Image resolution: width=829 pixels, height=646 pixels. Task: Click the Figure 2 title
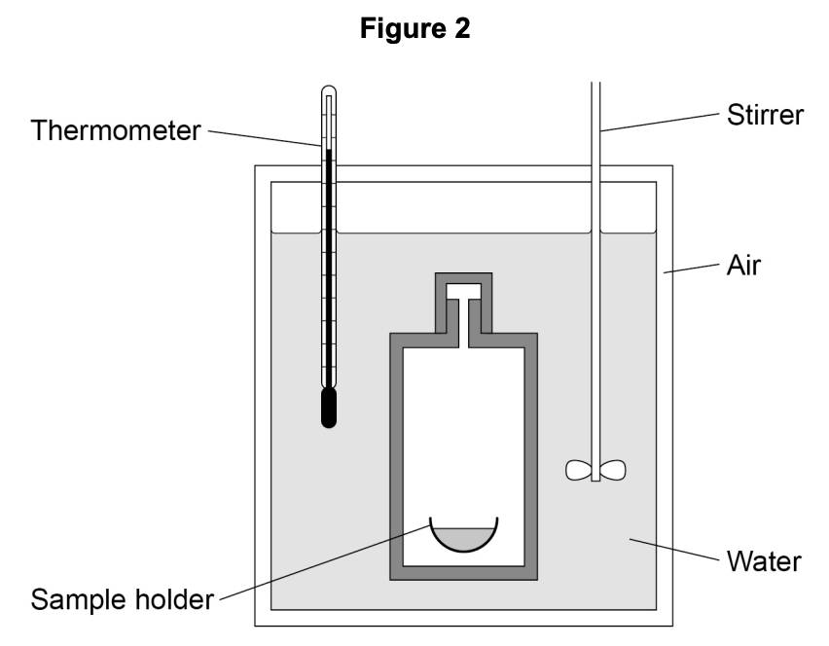pos(414,30)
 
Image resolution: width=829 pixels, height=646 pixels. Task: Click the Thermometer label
pos(115,131)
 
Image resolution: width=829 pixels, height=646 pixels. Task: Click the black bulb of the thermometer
pos(330,408)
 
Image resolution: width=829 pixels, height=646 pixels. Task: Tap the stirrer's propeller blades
pos(595,471)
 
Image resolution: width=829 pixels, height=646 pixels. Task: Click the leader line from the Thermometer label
pos(263,137)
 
